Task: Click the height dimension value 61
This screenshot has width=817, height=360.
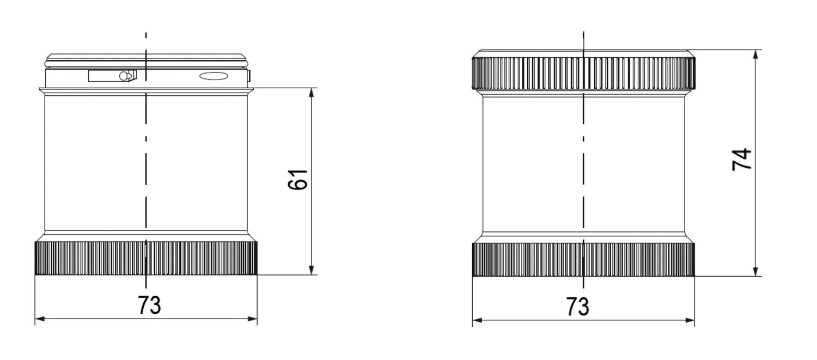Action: [x=298, y=180]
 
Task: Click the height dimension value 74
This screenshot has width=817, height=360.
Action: [x=742, y=159]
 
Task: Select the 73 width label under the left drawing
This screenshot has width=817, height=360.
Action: [x=149, y=305]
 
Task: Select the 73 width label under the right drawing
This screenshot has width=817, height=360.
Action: [x=578, y=306]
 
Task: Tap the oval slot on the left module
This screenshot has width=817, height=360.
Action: [x=214, y=76]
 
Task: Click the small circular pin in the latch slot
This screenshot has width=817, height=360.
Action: [x=124, y=76]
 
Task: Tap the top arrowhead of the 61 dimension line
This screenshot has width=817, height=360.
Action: [x=312, y=93]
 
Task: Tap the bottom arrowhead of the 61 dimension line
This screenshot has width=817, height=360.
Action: [x=312, y=270]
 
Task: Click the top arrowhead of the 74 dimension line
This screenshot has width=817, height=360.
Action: [x=756, y=54]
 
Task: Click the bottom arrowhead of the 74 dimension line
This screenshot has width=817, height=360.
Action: [x=756, y=271]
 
